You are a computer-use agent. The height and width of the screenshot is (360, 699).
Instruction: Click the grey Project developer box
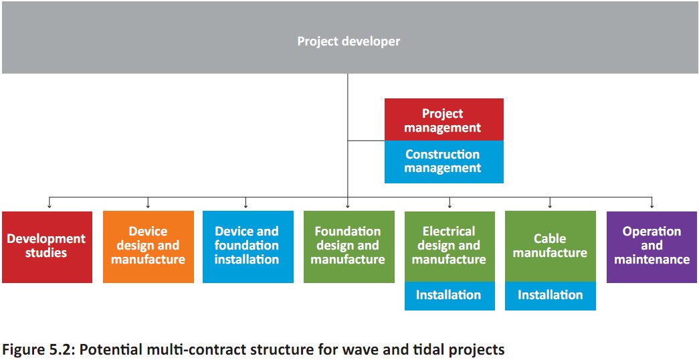point(349,37)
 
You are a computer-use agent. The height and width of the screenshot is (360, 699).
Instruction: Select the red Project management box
point(444,120)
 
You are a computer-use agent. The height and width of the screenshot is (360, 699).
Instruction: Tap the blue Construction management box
point(444,162)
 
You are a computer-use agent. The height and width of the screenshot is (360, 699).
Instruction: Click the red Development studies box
point(47,247)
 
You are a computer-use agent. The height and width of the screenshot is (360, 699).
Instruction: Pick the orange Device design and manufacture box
point(148,247)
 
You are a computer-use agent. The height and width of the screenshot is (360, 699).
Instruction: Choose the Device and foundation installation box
point(248,247)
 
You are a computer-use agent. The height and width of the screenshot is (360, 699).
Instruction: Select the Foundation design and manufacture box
point(349,247)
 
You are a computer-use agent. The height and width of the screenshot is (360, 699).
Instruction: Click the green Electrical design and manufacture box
point(450,246)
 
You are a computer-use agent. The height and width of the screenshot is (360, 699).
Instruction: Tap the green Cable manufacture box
point(551,246)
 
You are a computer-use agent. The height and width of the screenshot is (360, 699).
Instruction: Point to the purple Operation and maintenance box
point(652,247)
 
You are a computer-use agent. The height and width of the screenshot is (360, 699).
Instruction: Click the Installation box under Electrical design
point(450,296)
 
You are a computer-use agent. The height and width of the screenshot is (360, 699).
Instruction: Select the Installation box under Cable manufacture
point(551,296)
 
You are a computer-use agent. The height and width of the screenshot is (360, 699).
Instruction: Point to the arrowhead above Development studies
point(49,206)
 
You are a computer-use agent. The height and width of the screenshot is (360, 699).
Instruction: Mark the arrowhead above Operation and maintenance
point(652,206)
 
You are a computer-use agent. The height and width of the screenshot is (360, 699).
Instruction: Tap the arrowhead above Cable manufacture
point(550,206)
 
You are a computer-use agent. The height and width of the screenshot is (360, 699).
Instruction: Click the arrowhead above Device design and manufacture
point(148,206)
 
